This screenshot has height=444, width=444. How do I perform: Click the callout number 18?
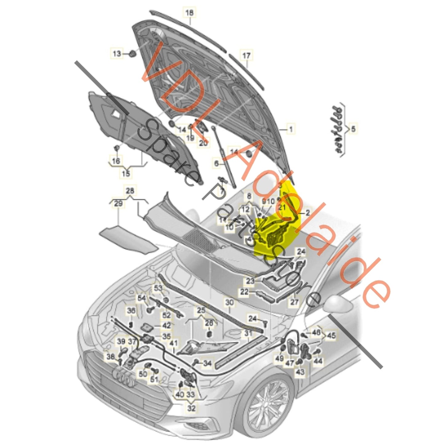pos(190,13)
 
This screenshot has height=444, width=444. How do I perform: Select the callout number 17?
pos(246,56)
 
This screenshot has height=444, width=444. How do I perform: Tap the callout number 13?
pos(117,54)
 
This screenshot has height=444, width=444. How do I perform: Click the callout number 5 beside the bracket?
pos(353,128)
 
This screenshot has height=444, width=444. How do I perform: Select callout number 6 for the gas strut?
pos(216,163)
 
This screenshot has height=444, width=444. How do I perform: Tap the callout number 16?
pos(116,161)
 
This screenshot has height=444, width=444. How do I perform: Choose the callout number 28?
pos(130,191)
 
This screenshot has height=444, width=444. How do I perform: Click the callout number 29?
pos(118,203)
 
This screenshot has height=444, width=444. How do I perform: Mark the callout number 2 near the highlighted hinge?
pos(307,212)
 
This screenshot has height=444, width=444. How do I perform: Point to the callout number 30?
pos(230,302)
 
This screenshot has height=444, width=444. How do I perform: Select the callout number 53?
pos(158,288)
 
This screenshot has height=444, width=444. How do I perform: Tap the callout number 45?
pos(331,335)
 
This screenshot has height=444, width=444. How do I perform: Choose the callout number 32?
pos(191,408)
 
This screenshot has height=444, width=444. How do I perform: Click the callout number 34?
pos(207,363)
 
